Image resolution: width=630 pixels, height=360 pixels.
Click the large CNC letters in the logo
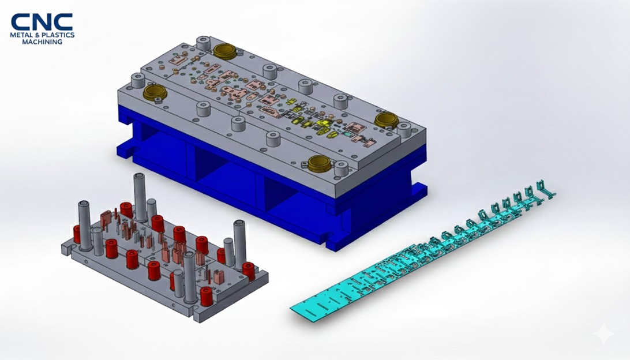click(x=42, y=22)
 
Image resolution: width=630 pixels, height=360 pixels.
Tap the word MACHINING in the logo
click(x=42, y=42)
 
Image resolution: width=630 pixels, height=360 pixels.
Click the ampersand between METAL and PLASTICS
click(x=38, y=35)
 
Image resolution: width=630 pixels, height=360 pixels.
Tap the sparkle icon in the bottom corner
click(x=603, y=334)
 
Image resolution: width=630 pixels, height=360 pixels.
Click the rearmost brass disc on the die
click(x=226, y=50)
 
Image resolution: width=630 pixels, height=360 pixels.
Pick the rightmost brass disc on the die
click(x=385, y=119)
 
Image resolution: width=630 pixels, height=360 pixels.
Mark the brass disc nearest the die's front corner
click(x=318, y=164)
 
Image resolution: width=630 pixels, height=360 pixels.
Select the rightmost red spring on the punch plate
click(x=248, y=271)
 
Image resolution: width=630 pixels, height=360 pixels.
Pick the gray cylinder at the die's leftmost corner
click(x=138, y=81)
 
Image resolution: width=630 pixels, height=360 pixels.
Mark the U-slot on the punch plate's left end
click(x=67, y=249)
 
